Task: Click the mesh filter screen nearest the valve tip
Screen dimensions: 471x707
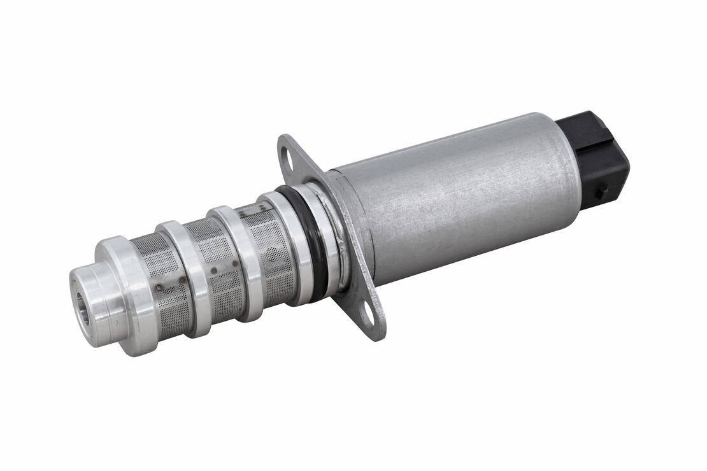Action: pos(162,280)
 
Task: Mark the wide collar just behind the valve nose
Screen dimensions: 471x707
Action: pos(127,293)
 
